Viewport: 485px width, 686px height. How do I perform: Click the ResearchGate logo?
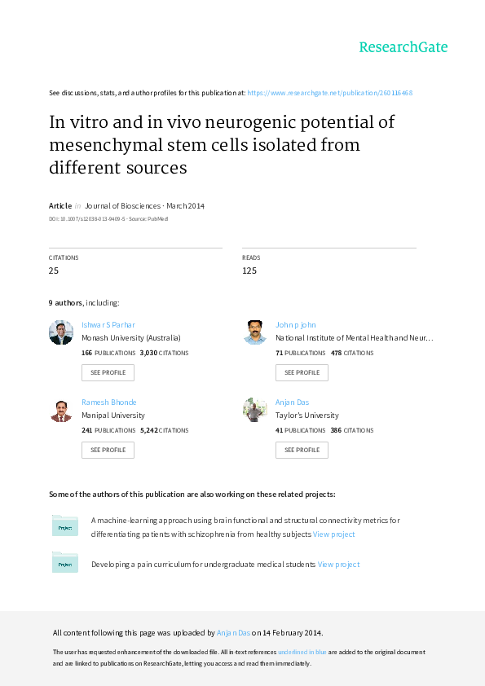click(x=403, y=47)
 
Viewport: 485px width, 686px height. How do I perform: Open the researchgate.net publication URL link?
click(x=329, y=93)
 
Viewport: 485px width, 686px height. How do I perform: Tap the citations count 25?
click(x=54, y=270)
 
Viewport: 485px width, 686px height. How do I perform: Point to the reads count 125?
click(x=249, y=270)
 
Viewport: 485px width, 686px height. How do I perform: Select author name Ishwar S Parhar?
click(x=108, y=324)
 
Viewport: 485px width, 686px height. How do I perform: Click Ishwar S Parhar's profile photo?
click(x=61, y=332)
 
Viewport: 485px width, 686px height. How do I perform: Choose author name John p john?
click(x=295, y=324)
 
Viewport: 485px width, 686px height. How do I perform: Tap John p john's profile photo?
click(x=255, y=332)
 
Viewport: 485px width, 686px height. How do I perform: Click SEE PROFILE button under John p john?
click(x=302, y=373)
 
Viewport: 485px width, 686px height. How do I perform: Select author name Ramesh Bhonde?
click(x=109, y=402)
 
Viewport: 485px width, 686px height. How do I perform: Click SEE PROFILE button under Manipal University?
click(x=108, y=451)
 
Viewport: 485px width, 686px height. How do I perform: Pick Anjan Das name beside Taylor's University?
click(x=292, y=402)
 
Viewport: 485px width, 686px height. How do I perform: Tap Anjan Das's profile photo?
click(x=255, y=410)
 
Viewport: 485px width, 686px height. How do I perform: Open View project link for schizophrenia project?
click(x=333, y=534)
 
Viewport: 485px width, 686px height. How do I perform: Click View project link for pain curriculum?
click(x=338, y=565)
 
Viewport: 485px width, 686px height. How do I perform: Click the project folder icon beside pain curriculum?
click(x=64, y=563)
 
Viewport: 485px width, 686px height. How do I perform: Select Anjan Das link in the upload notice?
click(x=233, y=632)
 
